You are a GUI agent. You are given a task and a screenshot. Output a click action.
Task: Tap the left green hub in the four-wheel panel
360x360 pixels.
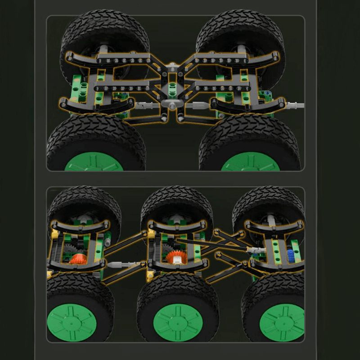click(94, 162)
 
